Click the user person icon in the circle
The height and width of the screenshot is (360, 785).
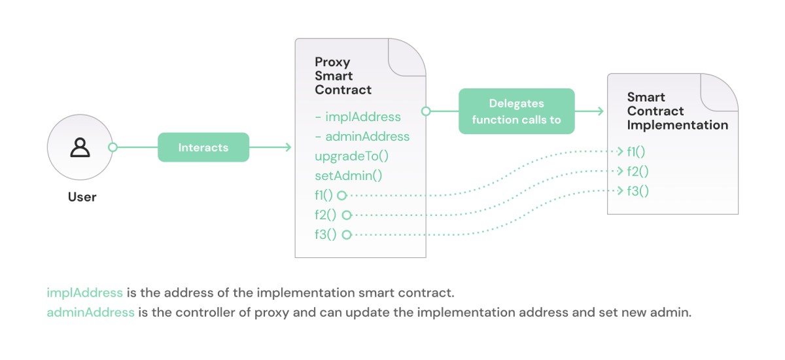point(80,147)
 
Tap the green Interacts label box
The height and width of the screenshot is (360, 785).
point(203,147)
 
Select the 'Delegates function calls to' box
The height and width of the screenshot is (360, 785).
point(516,111)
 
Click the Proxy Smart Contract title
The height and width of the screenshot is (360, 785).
point(343,76)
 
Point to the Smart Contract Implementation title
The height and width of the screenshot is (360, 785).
point(676,111)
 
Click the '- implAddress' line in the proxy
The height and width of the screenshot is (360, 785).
point(358,117)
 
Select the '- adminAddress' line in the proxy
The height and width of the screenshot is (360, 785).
point(362,137)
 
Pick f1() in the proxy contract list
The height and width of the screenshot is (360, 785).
point(324,195)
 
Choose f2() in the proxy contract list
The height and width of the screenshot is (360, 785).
point(325,215)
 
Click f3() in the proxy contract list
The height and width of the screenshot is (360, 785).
point(325,234)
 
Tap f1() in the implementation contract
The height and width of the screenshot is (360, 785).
point(636,152)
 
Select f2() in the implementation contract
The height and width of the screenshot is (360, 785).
point(637,171)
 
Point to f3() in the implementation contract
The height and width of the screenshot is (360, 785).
point(637,191)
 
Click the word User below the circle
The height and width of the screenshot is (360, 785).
point(82,197)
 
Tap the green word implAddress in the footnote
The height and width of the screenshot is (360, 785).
point(84,292)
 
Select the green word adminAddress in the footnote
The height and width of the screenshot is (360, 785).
point(90,312)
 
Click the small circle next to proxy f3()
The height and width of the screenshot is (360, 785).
point(347,234)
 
